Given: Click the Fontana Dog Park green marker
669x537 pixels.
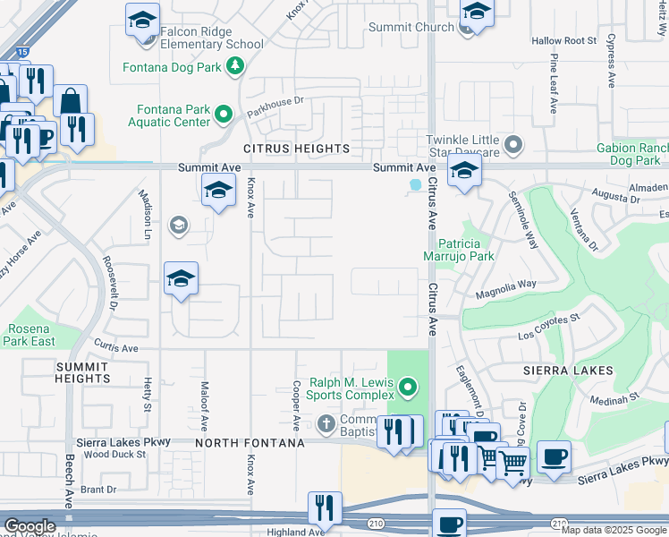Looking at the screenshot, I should tap(235, 65).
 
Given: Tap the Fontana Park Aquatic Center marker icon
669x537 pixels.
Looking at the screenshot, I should tap(224, 114).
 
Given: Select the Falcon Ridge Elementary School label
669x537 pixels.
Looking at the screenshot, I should tap(212, 37).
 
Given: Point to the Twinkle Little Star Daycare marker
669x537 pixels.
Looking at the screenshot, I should tap(512, 144).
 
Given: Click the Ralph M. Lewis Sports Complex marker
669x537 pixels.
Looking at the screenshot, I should tap(408, 388).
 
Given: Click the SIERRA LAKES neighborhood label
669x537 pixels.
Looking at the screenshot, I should tap(569, 371).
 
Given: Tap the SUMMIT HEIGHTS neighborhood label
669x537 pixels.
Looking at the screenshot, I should tap(82, 372).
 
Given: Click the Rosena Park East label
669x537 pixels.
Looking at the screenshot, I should tap(30, 335).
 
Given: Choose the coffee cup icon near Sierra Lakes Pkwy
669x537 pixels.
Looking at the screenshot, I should tap(553, 457).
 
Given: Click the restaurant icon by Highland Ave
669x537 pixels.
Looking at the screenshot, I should tap(325, 508).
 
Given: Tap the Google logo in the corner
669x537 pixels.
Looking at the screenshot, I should tap(30, 526).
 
